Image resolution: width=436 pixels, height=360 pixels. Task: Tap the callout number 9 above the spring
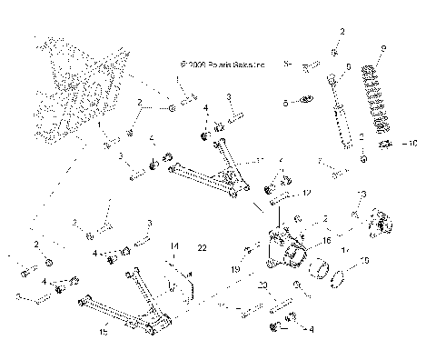384,48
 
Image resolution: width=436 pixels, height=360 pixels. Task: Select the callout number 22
202,247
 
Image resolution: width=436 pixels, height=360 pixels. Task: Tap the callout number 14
173,245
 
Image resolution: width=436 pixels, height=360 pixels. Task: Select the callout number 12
307,193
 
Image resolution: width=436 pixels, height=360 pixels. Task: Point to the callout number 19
234,269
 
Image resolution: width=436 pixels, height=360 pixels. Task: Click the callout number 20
263,285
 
